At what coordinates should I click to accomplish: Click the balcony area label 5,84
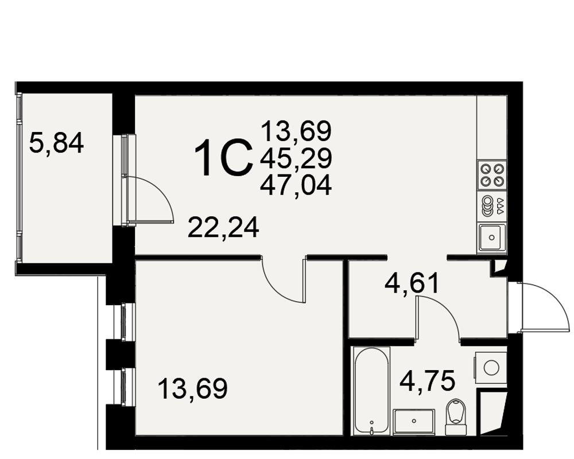click(x=56, y=143)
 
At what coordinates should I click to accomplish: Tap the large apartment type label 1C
click(x=224, y=158)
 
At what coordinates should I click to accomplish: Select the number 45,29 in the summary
click(x=296, y=158)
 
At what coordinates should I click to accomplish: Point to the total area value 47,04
click(x=296, y=185)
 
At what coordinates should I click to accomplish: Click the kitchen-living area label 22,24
click(x=223, y=227)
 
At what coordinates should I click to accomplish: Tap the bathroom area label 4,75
click(x=427, y=380)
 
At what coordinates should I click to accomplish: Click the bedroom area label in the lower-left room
click(x=192, y=388)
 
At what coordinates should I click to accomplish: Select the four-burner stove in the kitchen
click(x=492, y=175)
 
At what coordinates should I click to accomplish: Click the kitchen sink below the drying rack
click(x=492, y=237)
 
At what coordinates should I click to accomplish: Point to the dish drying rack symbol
click(x=492, y=206)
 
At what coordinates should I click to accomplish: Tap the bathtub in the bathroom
click(x=371, y=391)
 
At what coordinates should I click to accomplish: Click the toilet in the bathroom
click(x=456, y=417)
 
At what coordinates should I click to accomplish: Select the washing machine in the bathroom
click(x=491, y=367)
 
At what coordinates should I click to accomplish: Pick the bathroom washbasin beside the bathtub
click(x=414, y=422)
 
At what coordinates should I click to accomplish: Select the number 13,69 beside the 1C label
click(x=296, y=131)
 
